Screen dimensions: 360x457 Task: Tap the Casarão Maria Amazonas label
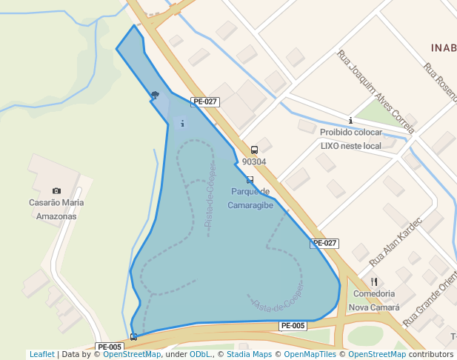coord(56,209)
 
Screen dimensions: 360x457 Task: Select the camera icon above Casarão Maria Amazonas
coord(56,191)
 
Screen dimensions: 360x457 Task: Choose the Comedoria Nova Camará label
coord(374,300)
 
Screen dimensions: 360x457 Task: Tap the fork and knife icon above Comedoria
coord(374,281)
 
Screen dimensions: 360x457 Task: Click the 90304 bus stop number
coord(254,161)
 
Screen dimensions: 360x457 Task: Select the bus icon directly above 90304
coord(254,150)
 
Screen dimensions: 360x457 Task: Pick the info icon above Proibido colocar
coord(350,120)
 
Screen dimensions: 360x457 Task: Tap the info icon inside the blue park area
coord(182,123)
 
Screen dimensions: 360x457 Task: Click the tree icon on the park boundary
coord(155,95)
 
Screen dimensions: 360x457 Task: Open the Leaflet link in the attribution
coord(42,354)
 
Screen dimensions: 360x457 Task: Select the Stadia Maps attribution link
coord(247,354)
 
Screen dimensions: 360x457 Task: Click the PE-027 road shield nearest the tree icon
coord(204,101)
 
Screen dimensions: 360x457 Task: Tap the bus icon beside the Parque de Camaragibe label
coord(250,180)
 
